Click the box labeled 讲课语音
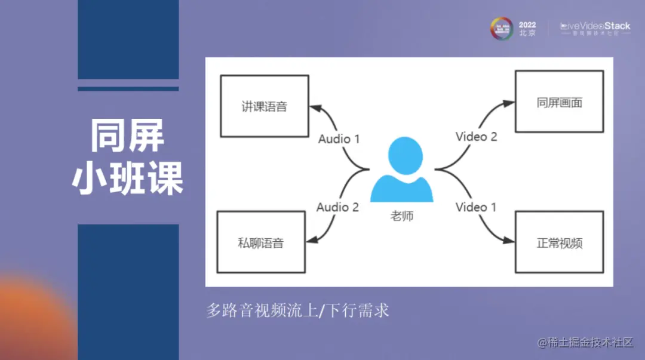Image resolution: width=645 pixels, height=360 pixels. pos(264,106)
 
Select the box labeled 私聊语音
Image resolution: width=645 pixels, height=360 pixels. pos(260,241)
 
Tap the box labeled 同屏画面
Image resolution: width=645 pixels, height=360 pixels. pos(559,102)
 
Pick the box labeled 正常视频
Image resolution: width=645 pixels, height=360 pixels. pos(559,242)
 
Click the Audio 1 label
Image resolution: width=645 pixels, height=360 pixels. pos(339,139)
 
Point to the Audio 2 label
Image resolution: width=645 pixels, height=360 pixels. pos(337,207)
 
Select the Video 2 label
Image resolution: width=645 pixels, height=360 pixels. pos(476,137)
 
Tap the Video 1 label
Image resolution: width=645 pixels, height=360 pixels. pos(476,207)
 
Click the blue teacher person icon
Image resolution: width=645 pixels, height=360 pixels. pos(401,170)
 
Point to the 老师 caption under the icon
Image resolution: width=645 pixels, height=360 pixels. pos(401,216)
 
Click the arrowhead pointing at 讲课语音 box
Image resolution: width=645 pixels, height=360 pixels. pos(314,108)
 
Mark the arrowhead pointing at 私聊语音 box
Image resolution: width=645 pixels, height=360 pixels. pos(314,240)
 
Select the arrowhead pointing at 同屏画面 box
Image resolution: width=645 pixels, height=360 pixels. pos(509,103)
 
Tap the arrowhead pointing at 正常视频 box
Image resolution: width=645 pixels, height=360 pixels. pos(509,241)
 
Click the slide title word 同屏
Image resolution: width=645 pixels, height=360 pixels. pos(127,136)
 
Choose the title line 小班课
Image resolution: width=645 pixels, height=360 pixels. pos(127,177)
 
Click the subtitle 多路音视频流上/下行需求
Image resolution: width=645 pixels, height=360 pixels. pos(297,310)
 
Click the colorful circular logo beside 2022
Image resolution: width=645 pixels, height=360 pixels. pos(502,29)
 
